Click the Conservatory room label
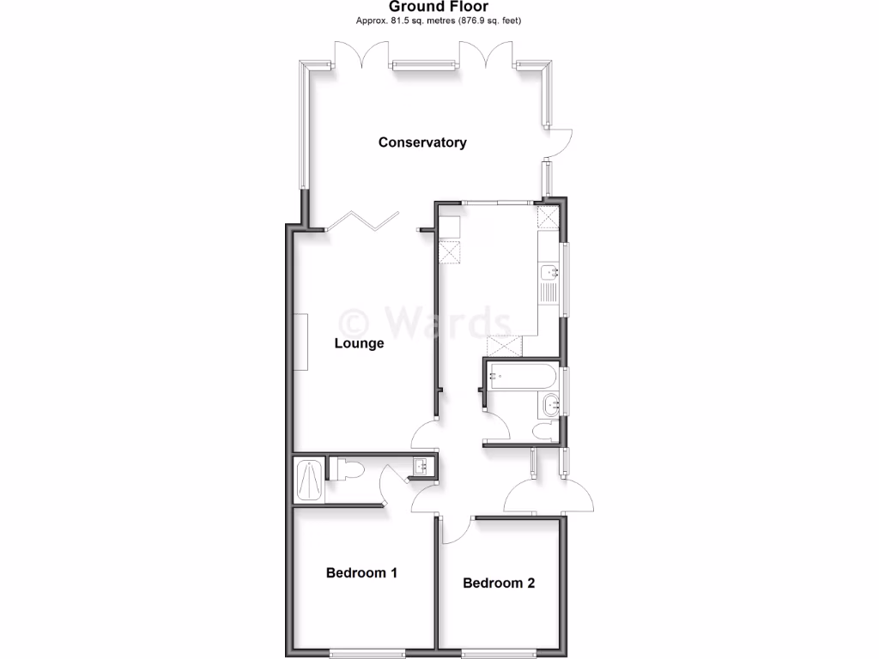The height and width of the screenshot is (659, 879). (422, 142)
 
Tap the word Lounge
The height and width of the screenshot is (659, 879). (359, 344)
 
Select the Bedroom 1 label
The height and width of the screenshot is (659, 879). (361, 572)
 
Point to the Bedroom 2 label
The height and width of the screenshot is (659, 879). (499, 583)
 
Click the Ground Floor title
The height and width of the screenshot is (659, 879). (439, 7)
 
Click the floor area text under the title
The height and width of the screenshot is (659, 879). (439, 20)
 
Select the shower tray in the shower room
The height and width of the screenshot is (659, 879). (309, 481)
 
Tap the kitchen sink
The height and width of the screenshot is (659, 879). (549, 274)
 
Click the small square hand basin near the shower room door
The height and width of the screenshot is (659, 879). (421, 466)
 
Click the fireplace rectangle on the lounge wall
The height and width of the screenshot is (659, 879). (301, 342)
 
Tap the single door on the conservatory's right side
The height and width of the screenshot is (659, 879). (558, 144)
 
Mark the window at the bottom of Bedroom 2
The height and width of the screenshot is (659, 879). (499, 653)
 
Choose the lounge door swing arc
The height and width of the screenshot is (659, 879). (423, 435)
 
